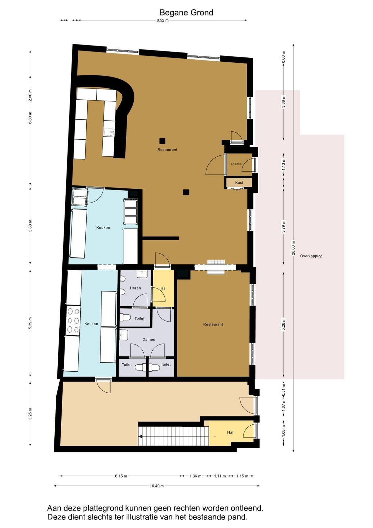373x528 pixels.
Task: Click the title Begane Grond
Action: (x=186, y=13)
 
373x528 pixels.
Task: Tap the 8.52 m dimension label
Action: (x=163, y=20)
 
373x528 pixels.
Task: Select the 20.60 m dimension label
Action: (x=293, y=247)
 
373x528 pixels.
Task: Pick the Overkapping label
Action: (x=311, y=256)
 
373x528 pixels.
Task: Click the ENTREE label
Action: (x=236, y=164)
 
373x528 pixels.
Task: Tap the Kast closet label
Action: (x=239, y=182)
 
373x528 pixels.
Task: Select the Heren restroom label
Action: (x=135, y=288)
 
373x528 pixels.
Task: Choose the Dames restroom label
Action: (x=149, y=340)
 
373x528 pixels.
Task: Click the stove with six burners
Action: (x=73, y=320)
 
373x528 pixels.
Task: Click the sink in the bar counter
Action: (x=109, y=132)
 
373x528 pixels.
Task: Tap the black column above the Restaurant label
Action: (x=162, y=141)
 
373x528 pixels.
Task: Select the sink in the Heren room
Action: (x=142, y=274)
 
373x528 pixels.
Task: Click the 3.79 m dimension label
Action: (x=283, y=226)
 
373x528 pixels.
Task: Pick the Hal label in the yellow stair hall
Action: (x=230, y=432)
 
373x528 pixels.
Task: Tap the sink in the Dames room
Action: (x=124, y=335)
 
